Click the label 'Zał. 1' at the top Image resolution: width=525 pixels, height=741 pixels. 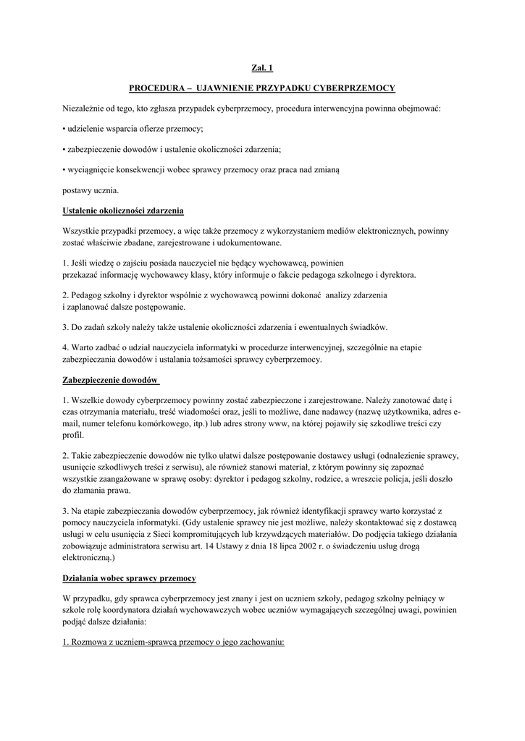pyautogui.click(x=262, y=68)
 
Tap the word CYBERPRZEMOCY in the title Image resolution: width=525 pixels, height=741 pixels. pyautogui.click(x=354, y=88)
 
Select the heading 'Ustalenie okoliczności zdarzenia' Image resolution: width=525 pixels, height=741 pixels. pyautogui.click(x=123, y=211)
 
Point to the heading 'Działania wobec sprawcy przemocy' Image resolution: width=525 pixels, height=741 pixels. pyautogui.click(x=129, y=579)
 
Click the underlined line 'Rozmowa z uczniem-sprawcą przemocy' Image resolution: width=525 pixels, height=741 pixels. pyautogui.click(x=174, y=641)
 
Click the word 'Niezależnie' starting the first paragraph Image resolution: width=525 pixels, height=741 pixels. pyautogui.click(x=83, y=109)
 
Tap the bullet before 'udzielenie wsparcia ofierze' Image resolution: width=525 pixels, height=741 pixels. pyautogui.click(x=64, y=129)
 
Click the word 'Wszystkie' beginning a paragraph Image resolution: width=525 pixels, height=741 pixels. pyautogui.click(x=83, y=231)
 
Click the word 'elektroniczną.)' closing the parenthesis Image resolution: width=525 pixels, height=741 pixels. pyautogui.click(x=90, y=559)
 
